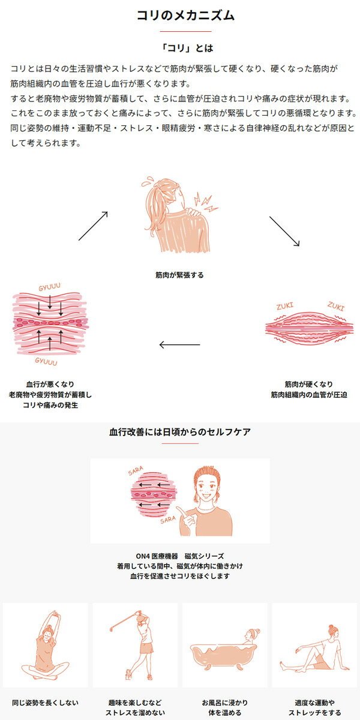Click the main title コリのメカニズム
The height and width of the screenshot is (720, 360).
(x=186, y=15)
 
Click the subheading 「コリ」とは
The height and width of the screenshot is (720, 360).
(x=187, y=48)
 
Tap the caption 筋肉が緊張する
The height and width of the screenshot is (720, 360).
(x=179, y=275)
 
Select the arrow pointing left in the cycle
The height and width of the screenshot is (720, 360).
(x=179, y=345)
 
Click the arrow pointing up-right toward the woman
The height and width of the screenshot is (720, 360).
(x=93, y=226)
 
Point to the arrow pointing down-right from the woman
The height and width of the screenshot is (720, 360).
(x=284, y=232)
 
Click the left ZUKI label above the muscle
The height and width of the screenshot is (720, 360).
(x=285, y=306)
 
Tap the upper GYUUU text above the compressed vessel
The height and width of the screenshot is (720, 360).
(x=49, y=287)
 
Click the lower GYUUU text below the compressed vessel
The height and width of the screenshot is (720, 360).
(x=46, y=362)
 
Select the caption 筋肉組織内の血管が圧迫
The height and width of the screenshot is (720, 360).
(x=309, y=395)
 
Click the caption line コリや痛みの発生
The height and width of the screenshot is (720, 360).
(x=50, y=405)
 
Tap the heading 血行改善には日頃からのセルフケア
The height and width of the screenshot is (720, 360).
(x=179, y=432)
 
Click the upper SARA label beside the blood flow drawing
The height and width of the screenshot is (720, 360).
(x=136, y=471)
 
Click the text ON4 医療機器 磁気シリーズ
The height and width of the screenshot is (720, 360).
(x=179, y=556)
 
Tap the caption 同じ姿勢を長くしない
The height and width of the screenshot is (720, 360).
(x=46, y=703)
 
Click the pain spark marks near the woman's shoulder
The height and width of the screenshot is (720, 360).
(x=206, y=202)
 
